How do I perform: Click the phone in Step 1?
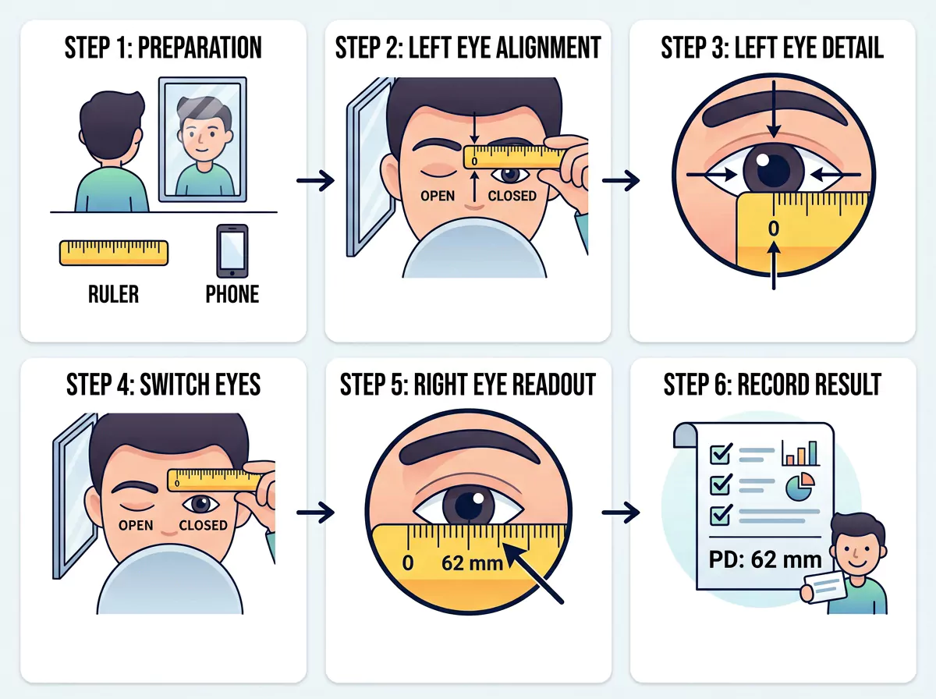click(x=232, y=251)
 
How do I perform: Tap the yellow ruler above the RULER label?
click(x=114, y=253)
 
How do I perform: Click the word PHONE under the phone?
click(x=232, y=294)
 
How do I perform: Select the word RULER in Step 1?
click(x=113, y=294)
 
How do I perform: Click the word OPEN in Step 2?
click(x=438, y=196)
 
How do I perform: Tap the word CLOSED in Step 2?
click(x=512, y=196)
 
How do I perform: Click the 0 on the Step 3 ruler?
click(x=774, y=229)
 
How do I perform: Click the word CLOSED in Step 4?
click(x=203, y=525)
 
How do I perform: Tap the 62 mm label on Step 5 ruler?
click(x=472, y=563)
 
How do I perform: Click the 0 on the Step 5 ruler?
click(x=408, y=563)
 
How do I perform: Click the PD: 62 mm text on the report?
click(x=765, y=560)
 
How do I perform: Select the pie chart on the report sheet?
click(x=800, y=486)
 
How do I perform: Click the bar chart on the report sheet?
click(x=801, y=453)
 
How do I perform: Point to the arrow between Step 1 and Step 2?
click(x=316, y=181)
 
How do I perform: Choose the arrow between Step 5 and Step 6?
click(x=621, y=513)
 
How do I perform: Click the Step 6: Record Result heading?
click(x=772, y=385)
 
